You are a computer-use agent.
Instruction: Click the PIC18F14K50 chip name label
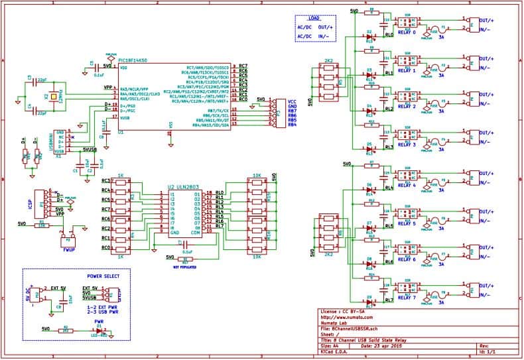coord(135,60)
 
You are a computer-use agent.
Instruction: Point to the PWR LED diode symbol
coord(99,330)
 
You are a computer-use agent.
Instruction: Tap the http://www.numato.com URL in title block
coord(346,316)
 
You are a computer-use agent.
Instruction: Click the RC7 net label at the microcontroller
coord(243,67)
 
